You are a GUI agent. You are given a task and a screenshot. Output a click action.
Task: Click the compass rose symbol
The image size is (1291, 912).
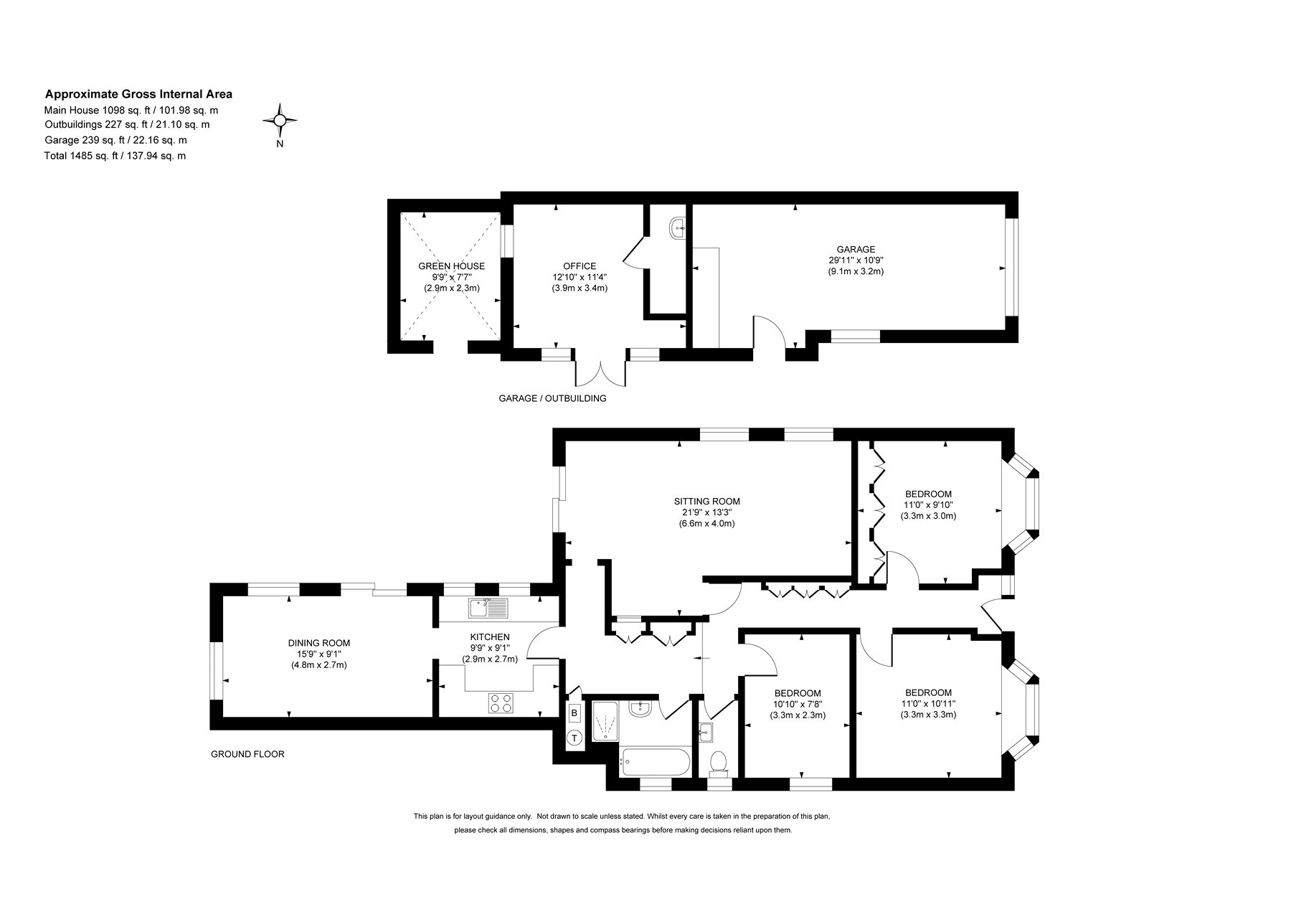(280, 121)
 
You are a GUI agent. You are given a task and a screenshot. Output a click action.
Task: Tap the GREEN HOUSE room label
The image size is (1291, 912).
(452, 266)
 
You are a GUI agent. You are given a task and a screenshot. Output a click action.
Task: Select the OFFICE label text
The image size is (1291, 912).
(580, 266)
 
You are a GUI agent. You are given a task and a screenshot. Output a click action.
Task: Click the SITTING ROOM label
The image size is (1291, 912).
(706, 502)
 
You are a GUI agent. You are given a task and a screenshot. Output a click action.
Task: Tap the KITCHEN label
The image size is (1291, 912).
(490, 637)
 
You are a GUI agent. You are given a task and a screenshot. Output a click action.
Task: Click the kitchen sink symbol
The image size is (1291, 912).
(488, 608)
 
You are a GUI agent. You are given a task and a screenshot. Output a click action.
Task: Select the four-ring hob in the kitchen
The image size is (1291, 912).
(501, 703)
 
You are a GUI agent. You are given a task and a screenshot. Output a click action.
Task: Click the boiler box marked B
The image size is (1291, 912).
(574, 714)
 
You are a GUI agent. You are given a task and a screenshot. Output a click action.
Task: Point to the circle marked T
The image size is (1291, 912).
(574, 738)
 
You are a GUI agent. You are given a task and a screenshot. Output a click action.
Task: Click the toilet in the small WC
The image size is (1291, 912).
(718, 763)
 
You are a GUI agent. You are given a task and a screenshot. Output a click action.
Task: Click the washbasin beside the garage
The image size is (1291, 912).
(678, 229)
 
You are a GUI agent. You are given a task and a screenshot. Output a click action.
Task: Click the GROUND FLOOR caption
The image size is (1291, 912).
(247, 754)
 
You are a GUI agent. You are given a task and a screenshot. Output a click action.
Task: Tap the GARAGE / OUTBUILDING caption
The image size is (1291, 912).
(552, 398)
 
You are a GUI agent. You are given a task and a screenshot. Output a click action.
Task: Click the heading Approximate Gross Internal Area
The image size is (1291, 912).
(138, 94)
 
